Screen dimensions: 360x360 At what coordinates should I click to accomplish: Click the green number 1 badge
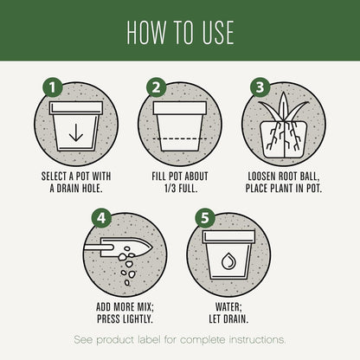pyautogui.click(x=53, y=87)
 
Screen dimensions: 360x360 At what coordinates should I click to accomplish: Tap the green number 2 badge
pyautogui.click(x=156, y=87)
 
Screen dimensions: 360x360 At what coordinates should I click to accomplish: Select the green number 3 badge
pyautogui.click(x=260, y=87)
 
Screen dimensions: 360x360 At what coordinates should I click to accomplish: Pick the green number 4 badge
pyautogui.click(x=101, y=218)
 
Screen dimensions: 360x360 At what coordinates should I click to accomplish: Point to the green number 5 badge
pyautogui.click(x=205, y=218)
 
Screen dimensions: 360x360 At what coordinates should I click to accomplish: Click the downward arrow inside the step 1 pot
pyautogui.click(x=76, y=132)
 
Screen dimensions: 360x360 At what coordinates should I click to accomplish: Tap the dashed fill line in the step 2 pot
pyautogui.click(x=180, y=138)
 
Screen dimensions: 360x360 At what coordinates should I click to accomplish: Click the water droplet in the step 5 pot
pyautogui.click(x=228, y=261)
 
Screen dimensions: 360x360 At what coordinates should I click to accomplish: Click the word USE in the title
pyautogui.click(x=218, y=32)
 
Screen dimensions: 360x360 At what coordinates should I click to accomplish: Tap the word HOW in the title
pyautogui.click(x=146, y=32)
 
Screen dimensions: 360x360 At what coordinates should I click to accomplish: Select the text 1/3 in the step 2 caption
pyautogui.click(x=170, y=189)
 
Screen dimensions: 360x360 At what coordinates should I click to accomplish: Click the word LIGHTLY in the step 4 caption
pyautogui.click(x=137, y=318)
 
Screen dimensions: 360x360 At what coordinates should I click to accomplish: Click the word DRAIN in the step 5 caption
pyautogui.click(x=236, y=318)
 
